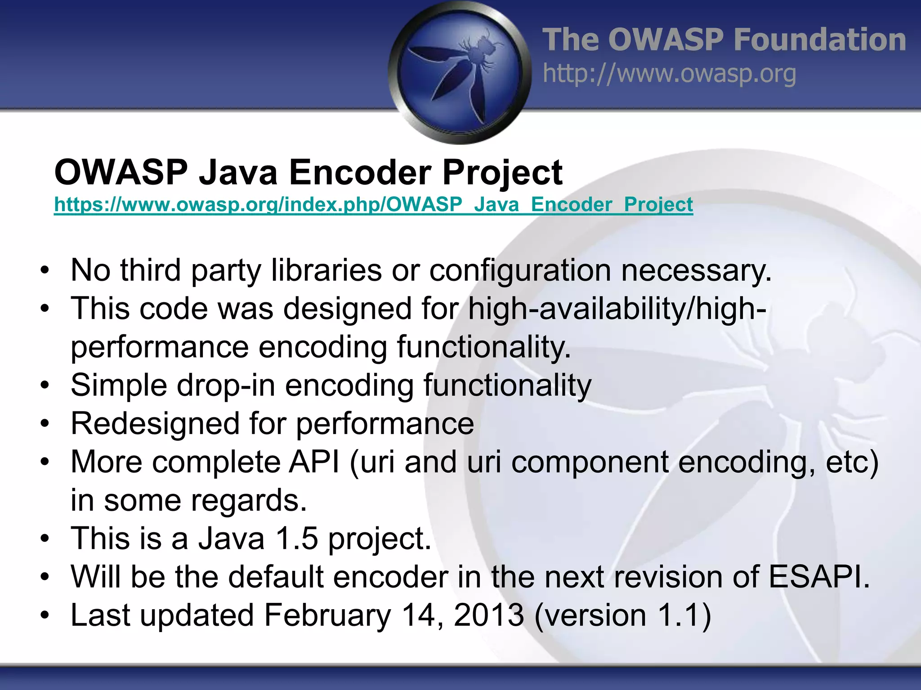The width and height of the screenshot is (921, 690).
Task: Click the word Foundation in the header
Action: pos(819,40)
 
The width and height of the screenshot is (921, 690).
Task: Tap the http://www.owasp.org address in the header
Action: pos(669,74)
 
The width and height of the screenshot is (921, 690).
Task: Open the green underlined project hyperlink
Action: pos(373,205)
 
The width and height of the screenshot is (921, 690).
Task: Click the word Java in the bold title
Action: pos(238,172)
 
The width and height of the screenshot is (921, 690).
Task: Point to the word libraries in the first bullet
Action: pos(326,270)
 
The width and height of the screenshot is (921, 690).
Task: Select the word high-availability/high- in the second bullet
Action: pos(617,309)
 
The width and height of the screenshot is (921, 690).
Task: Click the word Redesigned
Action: pos(155,424)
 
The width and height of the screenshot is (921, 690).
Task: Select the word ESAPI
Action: pos(818,576)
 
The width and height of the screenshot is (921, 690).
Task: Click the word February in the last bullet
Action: pos(327,615)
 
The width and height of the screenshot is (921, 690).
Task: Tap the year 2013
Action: pos(489,615)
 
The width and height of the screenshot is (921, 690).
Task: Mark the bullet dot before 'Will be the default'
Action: pos(44,577)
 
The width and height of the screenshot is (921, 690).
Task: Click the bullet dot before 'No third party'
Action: pos(44,271)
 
